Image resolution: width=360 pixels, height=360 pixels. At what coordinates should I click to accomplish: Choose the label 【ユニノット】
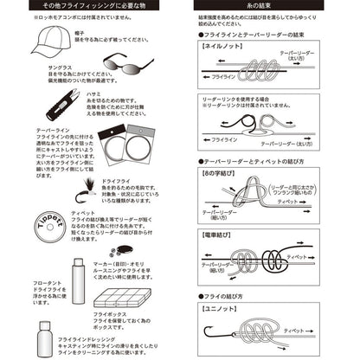[219, 308]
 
